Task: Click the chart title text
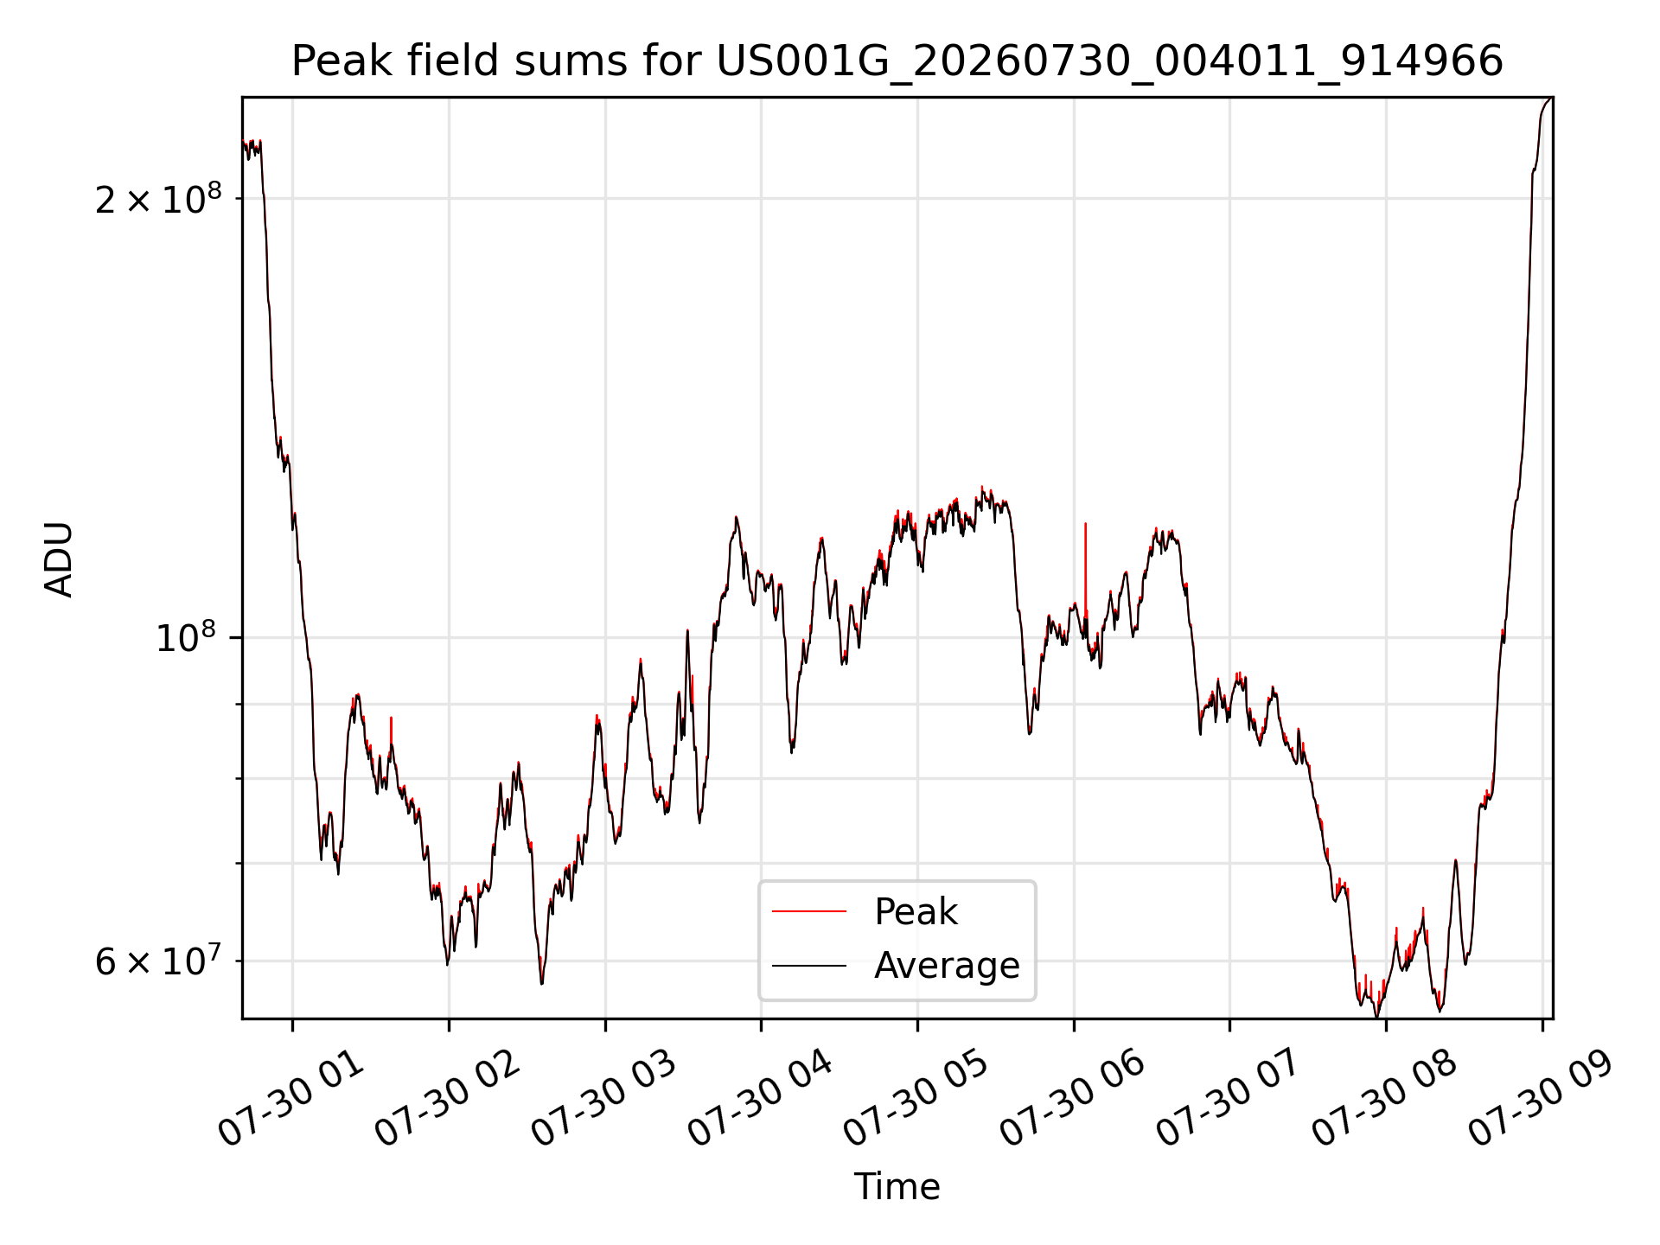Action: pos(897,61)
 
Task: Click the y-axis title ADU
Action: pos(59,559)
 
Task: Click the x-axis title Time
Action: pos(897,1186)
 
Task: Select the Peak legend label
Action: pos(916,911)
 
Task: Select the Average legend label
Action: pos(947,965)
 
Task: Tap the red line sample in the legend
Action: pos(808,911)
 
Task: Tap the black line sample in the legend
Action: pos(808,965)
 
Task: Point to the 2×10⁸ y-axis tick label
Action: pos(158,199)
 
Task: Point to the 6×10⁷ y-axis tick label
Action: pos(158,961)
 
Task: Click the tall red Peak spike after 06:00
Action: pos(1085,571)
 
